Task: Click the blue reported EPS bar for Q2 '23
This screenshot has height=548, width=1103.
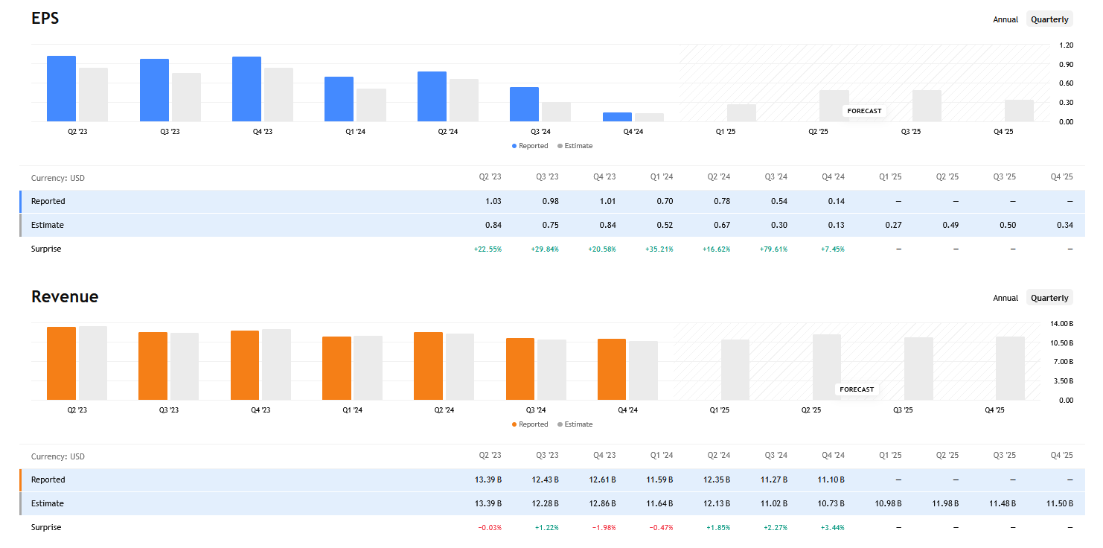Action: tap(61, 89)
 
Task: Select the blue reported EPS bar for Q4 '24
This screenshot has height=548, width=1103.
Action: tap(617, 117)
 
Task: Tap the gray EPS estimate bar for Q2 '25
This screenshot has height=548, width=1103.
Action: tap(834, 106)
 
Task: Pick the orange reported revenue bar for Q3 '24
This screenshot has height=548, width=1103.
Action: tap(519, 369)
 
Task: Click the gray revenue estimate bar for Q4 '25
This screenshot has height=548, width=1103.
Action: tap(1010, 369)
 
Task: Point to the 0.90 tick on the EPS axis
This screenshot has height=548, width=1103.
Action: tap(1066, 64)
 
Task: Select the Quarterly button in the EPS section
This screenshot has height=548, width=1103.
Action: tap(1049, 19)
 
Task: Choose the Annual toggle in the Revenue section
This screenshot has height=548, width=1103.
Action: tap(1005, 298)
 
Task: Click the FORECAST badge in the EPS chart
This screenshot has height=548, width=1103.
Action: tap(863, 111)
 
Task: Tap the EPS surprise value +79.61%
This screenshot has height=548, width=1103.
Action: tap(775, 249)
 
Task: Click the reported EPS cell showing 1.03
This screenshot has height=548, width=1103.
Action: tap(492, 201)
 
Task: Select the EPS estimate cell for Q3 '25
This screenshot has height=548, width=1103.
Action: tap(1005, 225)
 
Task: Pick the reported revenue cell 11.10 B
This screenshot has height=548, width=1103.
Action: tap(831, 479)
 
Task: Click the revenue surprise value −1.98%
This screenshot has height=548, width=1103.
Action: tap(603, 527)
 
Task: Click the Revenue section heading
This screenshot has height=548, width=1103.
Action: tap(65, 296)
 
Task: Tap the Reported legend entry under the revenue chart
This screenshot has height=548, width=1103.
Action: tap(530, 424)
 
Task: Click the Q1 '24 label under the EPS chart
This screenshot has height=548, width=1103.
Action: tap(355, 132)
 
